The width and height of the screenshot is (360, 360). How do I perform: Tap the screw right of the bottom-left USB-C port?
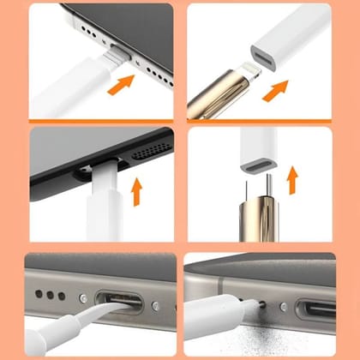click(x=155, y=306)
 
